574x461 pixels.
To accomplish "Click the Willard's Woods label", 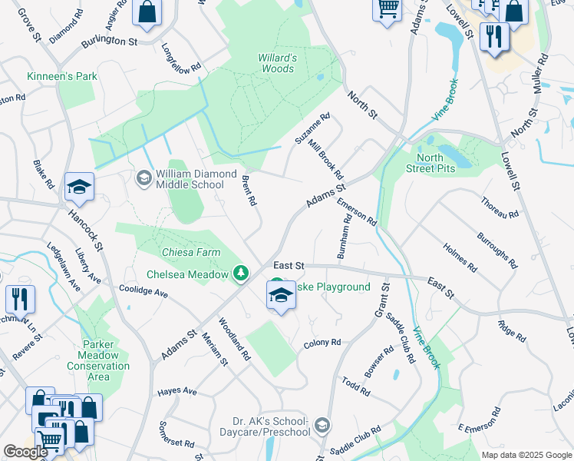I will (277, 63).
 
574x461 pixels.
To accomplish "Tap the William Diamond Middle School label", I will (196, 179).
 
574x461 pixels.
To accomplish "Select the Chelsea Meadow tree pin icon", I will (242, 274).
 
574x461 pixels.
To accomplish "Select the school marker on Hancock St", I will (79, 187).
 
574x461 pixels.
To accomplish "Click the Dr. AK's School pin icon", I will (322, 425).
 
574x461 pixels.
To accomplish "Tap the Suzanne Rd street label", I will (312, 128).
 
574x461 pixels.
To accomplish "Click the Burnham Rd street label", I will (345, 235).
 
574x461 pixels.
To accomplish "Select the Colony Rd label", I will (322, 343).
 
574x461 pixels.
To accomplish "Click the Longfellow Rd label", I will (181, 58).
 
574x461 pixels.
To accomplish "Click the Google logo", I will (26, 452).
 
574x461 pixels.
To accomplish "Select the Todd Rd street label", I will (356, 386).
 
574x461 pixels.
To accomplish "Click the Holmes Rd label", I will (460, 259).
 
